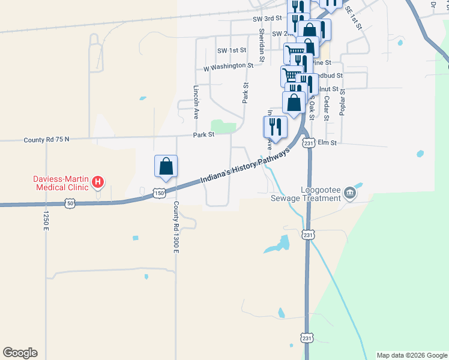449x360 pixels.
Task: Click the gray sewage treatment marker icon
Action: click(x=351, y=193)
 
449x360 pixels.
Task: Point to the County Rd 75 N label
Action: click(x=47, y=139)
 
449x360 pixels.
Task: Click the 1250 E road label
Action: click(x=45, y=220)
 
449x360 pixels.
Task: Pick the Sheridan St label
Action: click(x=262, y=45)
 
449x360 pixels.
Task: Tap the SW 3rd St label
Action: click(x=267, y=19)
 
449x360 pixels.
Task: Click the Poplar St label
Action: click(x=343, y=106)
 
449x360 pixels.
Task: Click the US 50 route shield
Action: click(x=71, y=204)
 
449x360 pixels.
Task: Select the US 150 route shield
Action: click(x=158, y=193)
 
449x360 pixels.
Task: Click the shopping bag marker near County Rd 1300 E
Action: click(x=166, y=167)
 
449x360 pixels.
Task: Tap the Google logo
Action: click(x=20, y=353)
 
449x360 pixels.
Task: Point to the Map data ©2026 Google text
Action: click(x=411, y=355)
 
